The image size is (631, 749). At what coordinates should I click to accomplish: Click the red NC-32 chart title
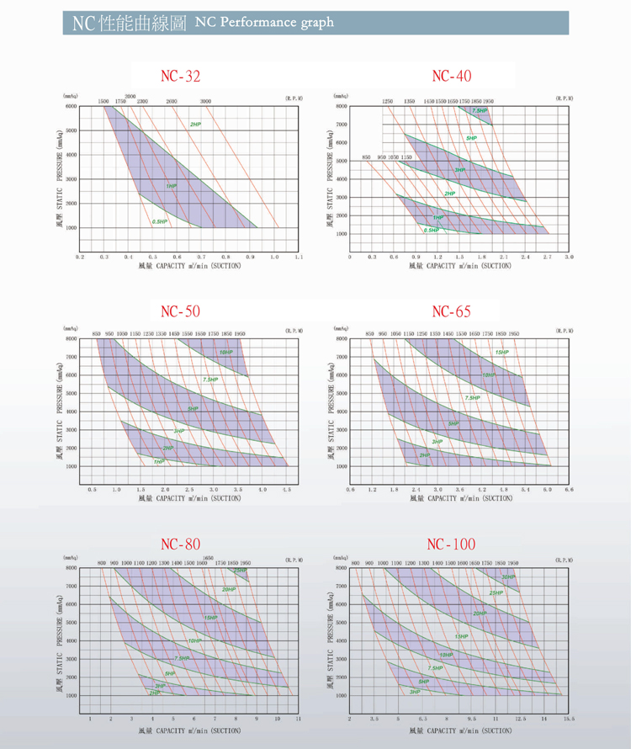point(181,77)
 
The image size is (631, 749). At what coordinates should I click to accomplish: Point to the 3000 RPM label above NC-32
point(205,101)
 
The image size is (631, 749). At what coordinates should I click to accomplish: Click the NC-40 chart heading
point(451,77)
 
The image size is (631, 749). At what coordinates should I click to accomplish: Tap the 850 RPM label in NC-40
point(367,157)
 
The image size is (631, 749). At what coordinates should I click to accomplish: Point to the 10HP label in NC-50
point(225,352)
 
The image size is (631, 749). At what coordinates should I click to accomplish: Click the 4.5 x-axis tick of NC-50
point(287,488)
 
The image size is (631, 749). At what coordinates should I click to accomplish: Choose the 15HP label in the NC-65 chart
point(501,352)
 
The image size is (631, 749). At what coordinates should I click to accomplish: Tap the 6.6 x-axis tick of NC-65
point(570,488)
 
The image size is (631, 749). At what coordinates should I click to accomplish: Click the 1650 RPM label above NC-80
point(207,557)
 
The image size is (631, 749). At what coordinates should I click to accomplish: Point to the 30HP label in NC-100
point(508,576)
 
